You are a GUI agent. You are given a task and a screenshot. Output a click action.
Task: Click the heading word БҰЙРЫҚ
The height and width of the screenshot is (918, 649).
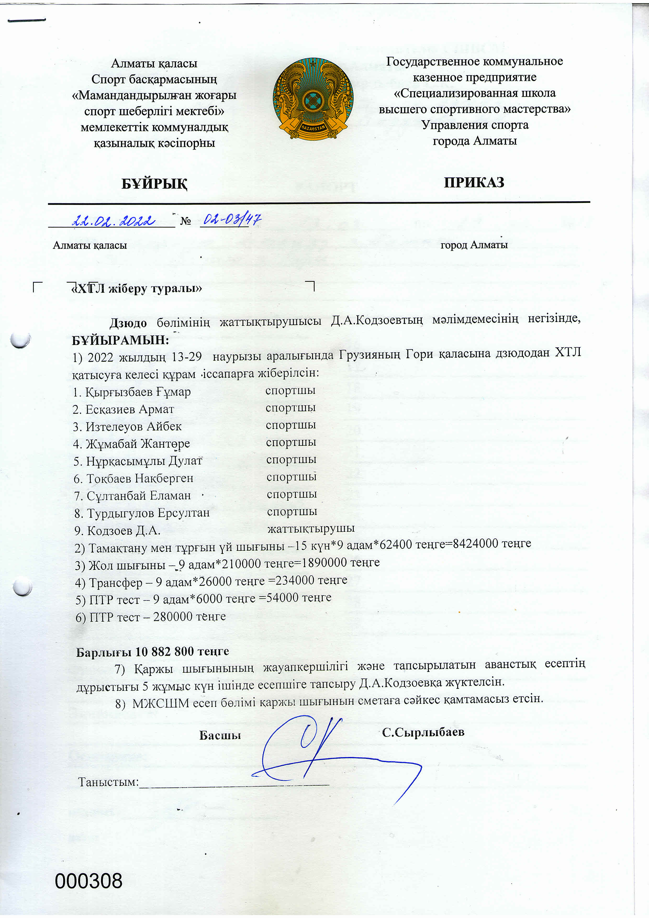pos(154,183)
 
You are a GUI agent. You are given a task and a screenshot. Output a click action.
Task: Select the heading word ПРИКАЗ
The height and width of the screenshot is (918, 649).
pos(474,182)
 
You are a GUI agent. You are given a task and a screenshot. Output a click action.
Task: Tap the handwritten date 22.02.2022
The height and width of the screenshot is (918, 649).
pos(114,220)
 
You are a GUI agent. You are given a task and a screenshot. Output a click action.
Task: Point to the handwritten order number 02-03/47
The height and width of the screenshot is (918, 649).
pos(232,219)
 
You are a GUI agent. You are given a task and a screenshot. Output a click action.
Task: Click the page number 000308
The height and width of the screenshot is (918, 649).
pos(89,881)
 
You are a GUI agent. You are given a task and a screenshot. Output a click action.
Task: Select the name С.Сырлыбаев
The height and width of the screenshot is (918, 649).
pos(423,732)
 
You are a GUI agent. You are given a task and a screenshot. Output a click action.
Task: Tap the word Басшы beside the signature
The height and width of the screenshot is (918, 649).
pos(220,735)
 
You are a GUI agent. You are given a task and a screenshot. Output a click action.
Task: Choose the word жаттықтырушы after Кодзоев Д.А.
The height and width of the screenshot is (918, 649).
pos(311,528)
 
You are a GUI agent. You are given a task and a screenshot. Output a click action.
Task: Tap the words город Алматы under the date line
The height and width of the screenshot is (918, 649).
pos(474,245)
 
